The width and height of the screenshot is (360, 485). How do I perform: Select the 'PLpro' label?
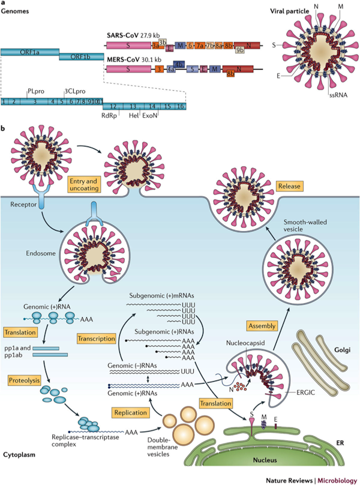(x=35, y=91)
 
